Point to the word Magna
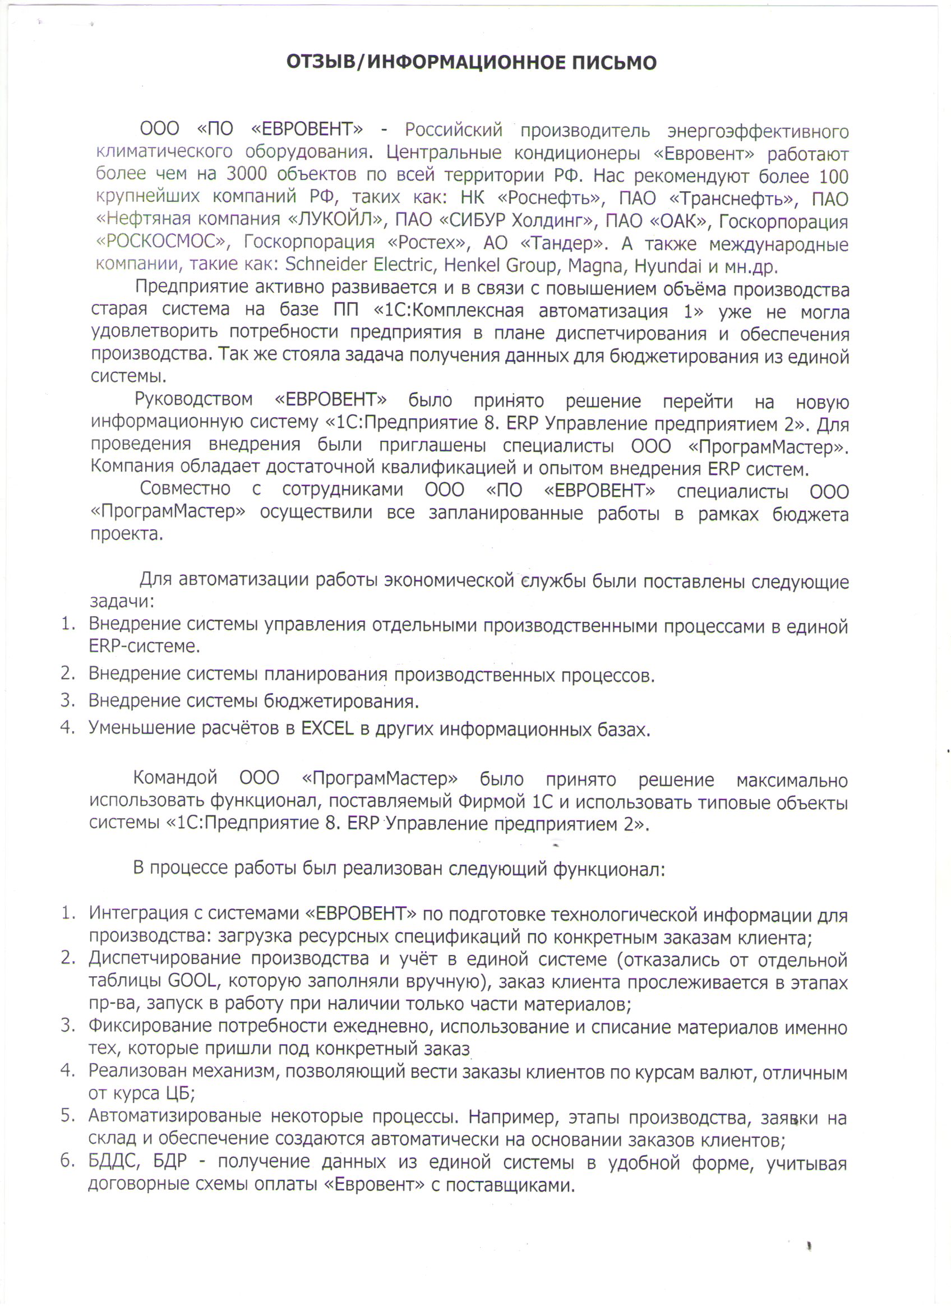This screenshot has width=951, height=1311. [595, 266]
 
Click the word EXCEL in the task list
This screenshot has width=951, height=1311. [327, 728]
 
